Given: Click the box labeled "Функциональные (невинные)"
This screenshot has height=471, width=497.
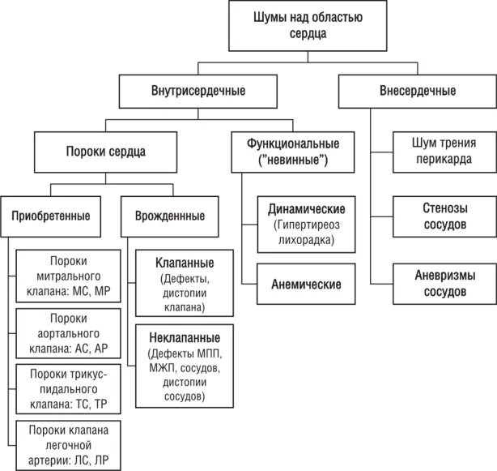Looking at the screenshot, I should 292,151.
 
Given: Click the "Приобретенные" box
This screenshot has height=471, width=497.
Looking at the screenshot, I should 50,216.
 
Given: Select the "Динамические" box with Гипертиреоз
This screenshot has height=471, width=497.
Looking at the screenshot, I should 307,222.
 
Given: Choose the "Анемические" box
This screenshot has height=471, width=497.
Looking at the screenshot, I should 307,284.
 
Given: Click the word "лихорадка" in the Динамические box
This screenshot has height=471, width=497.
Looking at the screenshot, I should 307,240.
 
